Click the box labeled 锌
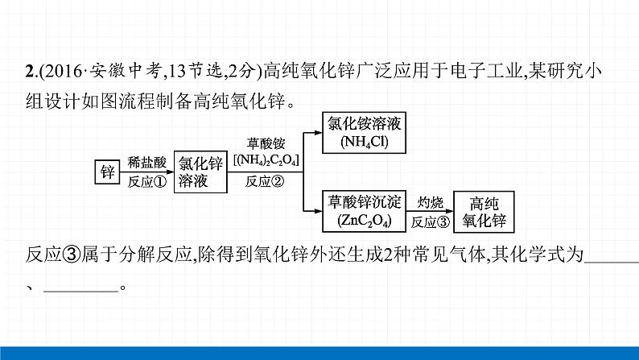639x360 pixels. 107,172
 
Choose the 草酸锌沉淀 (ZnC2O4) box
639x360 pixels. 364,211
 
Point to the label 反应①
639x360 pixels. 146,182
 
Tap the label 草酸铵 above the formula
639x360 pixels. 266,143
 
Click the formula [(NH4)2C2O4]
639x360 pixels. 266,159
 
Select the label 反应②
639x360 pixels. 266,181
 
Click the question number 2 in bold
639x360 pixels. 29,72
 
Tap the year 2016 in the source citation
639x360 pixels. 58,72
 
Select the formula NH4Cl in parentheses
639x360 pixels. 364,142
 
